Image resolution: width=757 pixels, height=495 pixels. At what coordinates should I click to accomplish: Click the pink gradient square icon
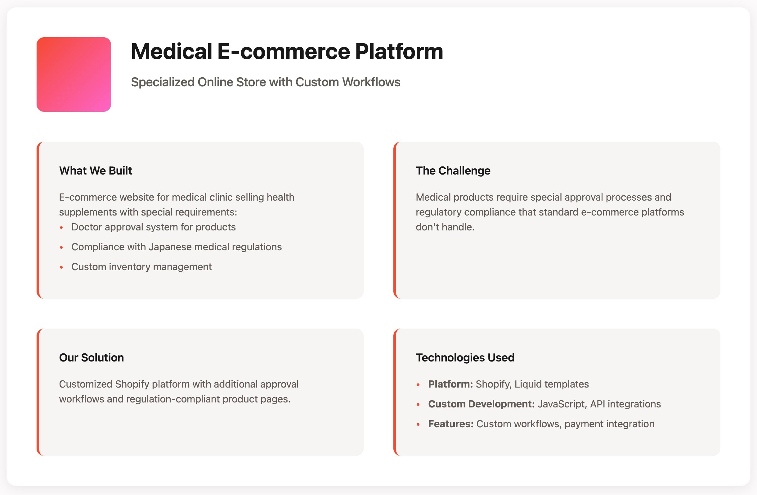coord(74,75)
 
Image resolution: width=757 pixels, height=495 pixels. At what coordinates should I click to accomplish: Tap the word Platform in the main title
coord(399,51)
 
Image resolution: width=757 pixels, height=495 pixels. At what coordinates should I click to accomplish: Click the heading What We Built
coord(96,170)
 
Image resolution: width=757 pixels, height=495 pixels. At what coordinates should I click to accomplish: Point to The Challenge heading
coord(453,170)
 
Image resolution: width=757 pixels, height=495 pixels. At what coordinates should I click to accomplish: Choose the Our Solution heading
coord(92,357)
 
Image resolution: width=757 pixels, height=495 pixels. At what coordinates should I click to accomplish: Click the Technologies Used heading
coord(465,357)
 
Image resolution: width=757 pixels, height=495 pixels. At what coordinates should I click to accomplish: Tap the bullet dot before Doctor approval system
coord(61,227)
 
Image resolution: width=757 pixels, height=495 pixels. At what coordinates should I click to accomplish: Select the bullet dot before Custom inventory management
coord(61,267)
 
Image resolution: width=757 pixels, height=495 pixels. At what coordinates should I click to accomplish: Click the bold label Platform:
coord(450,384)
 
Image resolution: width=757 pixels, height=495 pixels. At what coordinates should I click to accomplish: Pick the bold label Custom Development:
coord(481,404)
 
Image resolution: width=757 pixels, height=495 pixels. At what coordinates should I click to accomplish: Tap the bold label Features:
coord(451,424)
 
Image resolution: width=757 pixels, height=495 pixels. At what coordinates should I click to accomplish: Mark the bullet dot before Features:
coord(418,424)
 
